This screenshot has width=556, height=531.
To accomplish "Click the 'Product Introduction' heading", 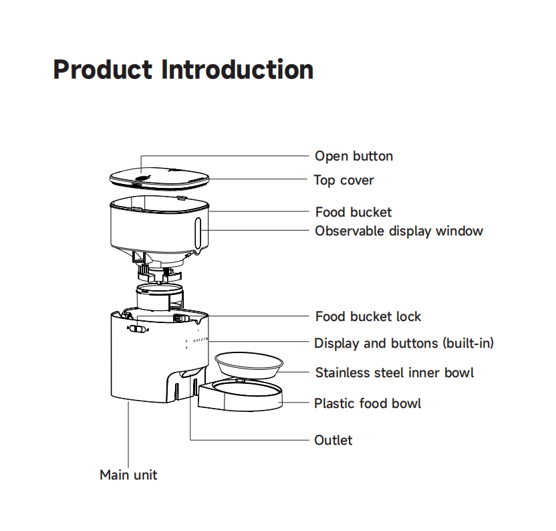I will pos(183,70).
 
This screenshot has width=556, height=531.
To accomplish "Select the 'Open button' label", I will pos(354,156).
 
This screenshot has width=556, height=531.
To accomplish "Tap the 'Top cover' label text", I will pos(343,180).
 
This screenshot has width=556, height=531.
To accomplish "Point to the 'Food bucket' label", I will pos(354,213).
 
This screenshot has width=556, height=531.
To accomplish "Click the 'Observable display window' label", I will pos(398,231).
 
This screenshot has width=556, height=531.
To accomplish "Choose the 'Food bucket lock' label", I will pos(368,316).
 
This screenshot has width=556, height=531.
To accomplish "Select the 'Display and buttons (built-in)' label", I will pos(404,344).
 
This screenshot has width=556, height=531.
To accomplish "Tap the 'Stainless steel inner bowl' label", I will pos(394,373).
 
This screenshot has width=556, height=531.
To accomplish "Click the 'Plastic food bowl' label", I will pos(368,403).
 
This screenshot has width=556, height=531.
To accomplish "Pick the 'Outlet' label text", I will pos(333,440).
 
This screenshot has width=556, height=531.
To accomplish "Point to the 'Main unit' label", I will pos(128,475).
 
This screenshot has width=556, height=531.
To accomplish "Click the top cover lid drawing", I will pos(160,177).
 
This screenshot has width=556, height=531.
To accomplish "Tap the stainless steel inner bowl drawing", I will pos(249,365).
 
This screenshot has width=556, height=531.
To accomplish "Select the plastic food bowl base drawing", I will pos(240,396).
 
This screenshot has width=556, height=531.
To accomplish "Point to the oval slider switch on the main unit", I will pos(138,328).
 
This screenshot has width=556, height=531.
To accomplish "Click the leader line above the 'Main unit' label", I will pos(128,435).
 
